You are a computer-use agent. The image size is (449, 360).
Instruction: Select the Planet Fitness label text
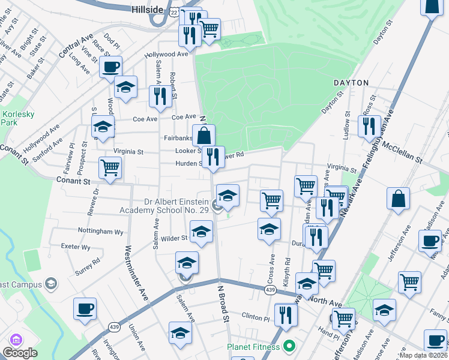tap(253, 347)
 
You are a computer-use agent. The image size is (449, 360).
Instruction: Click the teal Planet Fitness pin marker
tap(289, 346)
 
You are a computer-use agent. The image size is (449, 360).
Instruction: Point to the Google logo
tap(20, 353)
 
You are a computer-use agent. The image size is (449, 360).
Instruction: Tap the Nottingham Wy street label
tap(100, 230)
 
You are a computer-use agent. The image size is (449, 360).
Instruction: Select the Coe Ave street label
tap(184, 117)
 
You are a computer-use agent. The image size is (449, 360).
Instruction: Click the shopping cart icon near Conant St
tap(110, 167)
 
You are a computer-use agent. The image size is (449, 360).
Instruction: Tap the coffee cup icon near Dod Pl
tap(110, 67)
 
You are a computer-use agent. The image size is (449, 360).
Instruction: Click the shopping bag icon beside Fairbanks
tap(203, 135)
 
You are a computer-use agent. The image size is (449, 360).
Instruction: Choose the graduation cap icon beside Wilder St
tap(201, 231)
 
